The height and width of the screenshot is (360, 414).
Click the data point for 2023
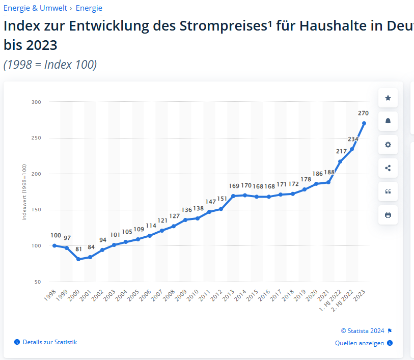pos(364,123)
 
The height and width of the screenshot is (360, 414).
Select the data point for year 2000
pos(78,259)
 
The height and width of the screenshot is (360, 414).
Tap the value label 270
pos(363,113)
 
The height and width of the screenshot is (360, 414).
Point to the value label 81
pos(78,250)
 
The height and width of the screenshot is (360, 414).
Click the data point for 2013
pos(233,196)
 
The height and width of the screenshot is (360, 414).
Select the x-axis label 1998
pos(50,296)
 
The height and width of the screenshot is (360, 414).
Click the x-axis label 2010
pos(193,296)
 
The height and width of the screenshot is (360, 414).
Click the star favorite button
pos(388,98)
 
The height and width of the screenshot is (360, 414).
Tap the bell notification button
pos(388,121)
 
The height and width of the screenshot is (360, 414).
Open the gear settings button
pos(388,145)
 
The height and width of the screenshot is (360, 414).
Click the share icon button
pos(388,168)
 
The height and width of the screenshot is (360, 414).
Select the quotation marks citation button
pos(388,191)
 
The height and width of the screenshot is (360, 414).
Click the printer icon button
pos(388,215)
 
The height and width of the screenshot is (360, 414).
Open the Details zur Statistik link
pos(49,342)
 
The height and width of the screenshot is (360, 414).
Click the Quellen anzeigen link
pos(360,343)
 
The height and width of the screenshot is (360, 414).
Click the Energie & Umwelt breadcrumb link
pos(35,8)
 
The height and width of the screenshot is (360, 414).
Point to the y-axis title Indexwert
pos(24,192)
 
